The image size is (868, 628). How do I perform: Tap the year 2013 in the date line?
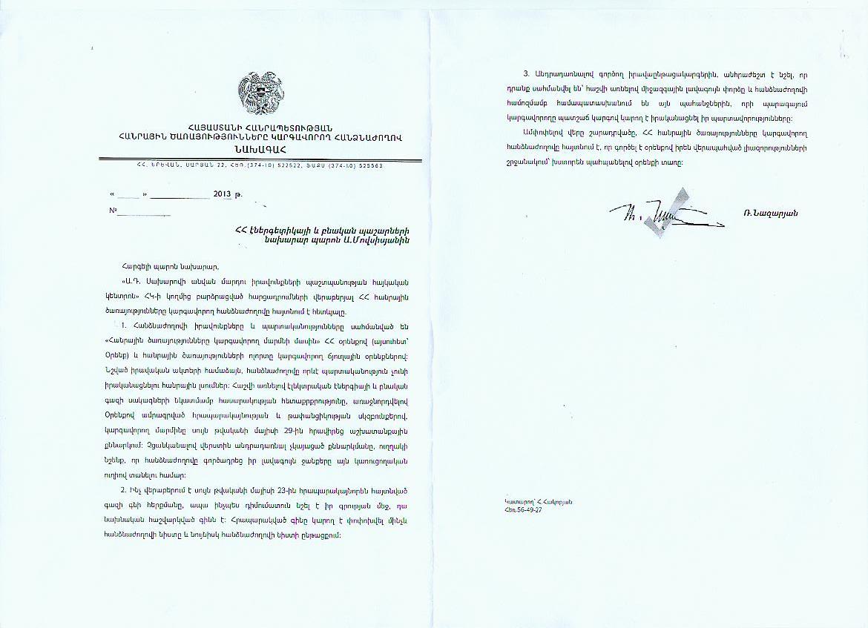click(x=223, y=194)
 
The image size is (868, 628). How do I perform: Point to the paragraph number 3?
click(x=525, y=73)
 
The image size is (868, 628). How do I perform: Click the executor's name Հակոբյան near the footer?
click(x=556, y=502)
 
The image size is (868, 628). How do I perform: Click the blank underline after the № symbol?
click(x=145, y=213)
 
